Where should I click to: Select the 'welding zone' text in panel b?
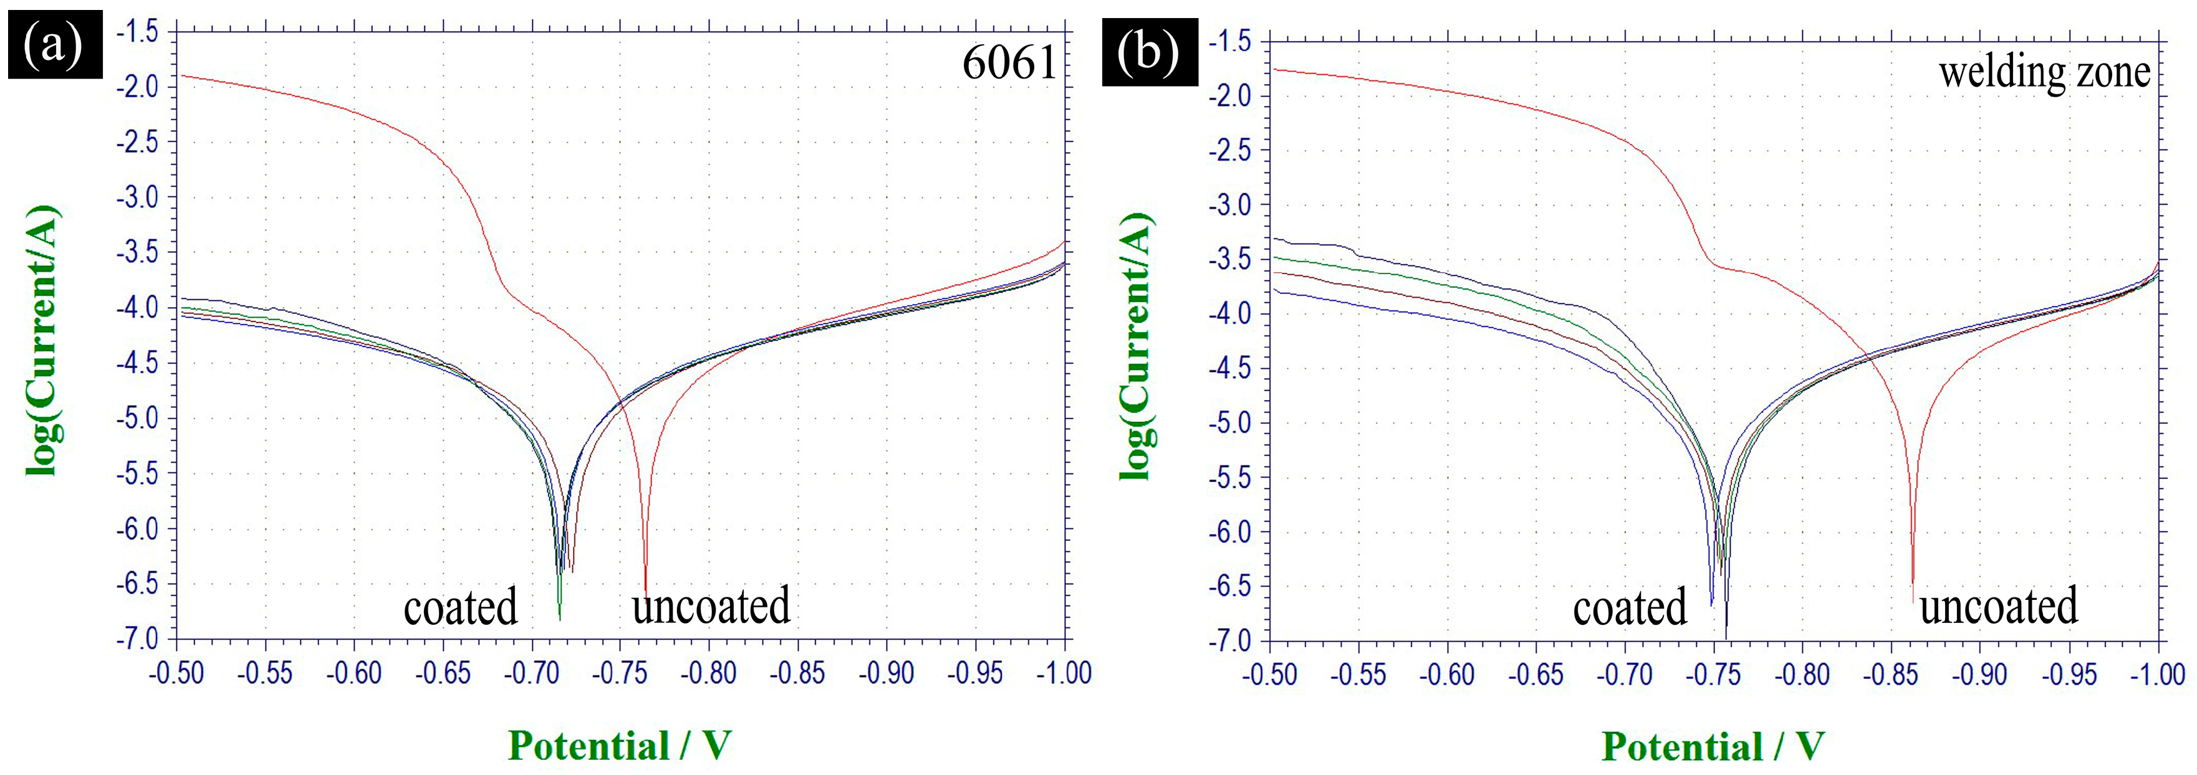2044,72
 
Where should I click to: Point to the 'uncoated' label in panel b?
1998,606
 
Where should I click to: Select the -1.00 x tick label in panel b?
2158,675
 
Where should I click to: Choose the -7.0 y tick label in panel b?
1229,640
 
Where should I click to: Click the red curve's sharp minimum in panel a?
646,592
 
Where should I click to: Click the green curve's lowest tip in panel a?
559,617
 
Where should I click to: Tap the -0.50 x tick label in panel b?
1269,675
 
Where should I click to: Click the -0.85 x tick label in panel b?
1891,675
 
